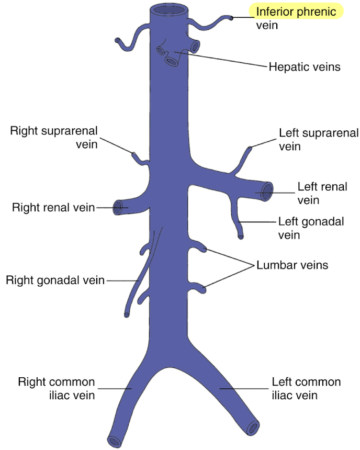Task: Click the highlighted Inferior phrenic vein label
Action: (x=296, y=18)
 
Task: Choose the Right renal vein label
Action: (x=53, y=208)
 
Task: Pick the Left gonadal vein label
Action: (x=311, y=228)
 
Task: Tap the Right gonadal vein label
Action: (x=55, y=280)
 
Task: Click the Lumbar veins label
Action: (x=292, y=265)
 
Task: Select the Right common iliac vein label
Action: (x=57, y=388)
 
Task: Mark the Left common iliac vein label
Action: (x=306, y=388)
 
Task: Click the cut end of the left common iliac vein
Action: (x=253, y=428)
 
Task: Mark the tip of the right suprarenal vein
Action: (x=133, y=154)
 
